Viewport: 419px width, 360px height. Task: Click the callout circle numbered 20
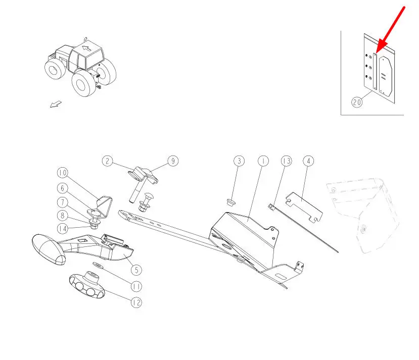coord(357,102)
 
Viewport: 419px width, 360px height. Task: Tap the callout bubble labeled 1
coord(263,161)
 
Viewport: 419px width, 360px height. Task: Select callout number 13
coord(286,161)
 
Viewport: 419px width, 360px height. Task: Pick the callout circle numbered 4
coord(309,161)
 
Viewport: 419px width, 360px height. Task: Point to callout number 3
coord(239,161)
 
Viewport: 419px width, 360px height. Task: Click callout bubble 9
coord(173,161)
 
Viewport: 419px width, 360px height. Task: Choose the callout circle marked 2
coord(108,161)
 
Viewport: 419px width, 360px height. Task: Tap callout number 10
coord(63,173)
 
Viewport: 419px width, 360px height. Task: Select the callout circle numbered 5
coord(136,270)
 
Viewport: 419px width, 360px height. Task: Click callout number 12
coord(136,302)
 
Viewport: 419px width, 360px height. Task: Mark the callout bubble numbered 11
coord(136,287)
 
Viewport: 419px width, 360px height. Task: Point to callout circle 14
coord(63,228)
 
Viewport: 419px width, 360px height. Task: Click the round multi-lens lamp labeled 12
coord(86,286)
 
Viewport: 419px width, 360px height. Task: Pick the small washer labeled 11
coord(98,265)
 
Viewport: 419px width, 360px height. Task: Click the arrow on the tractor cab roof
coord(86,48)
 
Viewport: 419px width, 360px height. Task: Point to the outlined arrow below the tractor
coord(56,104)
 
